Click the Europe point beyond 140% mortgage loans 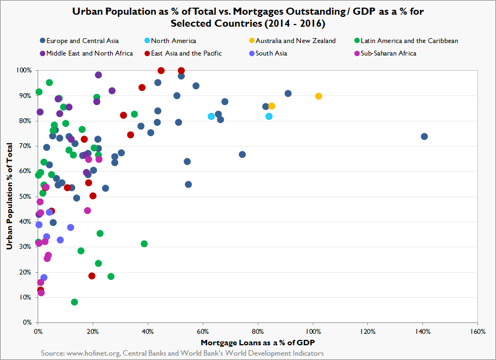pyautogui.click(x=424, y=136)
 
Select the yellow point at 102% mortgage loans pyautogui.click(x=318, y=96)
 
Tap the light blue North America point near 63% pyautogui.click(x=211, y=117)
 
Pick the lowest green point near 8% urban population pyautogui.click(x=74, y=302)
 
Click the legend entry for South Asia pyautogui.click(x=271, y=53)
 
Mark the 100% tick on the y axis pyautogui.click(x=24, y=71)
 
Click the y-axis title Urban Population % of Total pyautogui.click(x=9, y=196)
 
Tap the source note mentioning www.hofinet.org pyautogui.click(x=182, y=353)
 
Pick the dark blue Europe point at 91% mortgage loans pyautogui.click(x=288, y=94)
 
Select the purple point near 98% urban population pyautogui.click(x=98, y=75)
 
